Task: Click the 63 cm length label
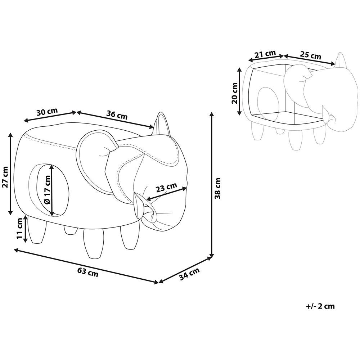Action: point(87,272)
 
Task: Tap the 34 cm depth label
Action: point(189,274)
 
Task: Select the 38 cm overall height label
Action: point(217,188)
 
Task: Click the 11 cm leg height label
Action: point(20,229)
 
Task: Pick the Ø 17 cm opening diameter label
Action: point(47,189)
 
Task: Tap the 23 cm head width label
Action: point(166,187)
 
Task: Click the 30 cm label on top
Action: point(47,112)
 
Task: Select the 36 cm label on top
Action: point(117,115)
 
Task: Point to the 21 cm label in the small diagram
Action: point(265,54)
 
